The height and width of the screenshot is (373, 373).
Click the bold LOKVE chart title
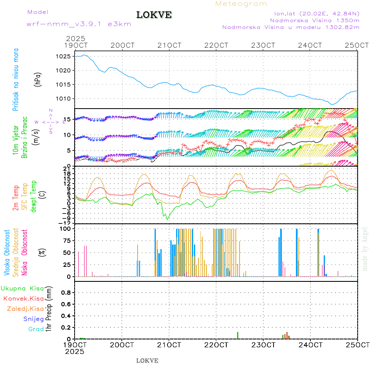154,15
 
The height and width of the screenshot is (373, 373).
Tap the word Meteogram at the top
241,4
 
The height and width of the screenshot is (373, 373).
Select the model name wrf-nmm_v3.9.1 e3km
79,24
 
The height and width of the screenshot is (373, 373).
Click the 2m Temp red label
16,198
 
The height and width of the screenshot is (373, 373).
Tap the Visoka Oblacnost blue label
7,253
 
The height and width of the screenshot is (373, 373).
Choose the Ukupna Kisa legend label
22,288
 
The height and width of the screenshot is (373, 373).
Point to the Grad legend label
36,329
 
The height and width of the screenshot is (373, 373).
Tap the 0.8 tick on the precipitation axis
67,293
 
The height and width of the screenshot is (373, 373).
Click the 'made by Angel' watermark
365,249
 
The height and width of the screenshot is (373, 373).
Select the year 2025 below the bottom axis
75,351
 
